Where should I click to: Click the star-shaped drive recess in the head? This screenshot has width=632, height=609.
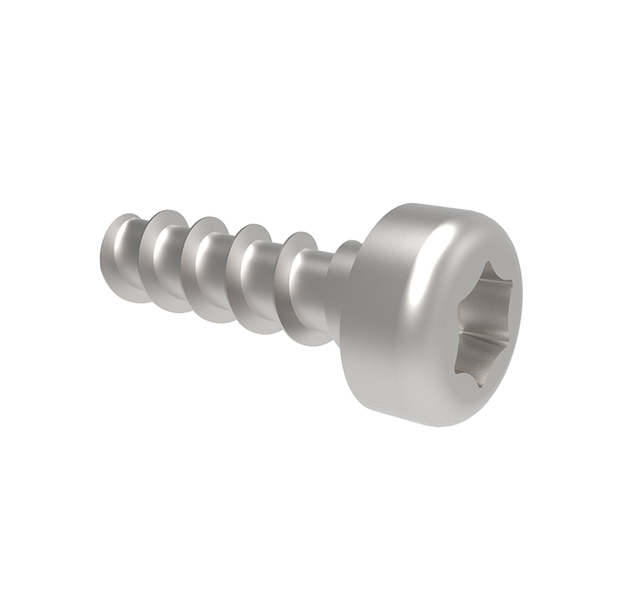coord(484,324)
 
